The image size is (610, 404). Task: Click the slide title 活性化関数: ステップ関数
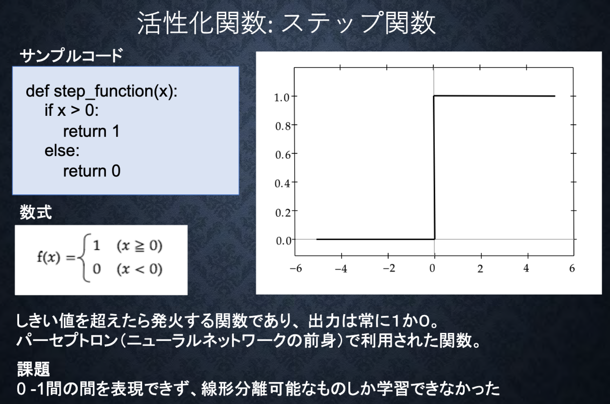tap(286, 23)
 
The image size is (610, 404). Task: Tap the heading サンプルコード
tap(71, 56)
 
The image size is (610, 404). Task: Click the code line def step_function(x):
tap(101, 91)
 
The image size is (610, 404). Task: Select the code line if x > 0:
tap(72, 110)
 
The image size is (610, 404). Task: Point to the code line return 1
tap(91, 131)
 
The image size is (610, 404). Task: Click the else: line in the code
tap(62, 151)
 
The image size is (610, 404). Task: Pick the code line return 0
tap(92, 171)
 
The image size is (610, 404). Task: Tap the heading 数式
tap(36, 212)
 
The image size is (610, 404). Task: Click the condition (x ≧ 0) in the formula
tap(139, 246)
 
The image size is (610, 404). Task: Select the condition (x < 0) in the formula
tap(139, 269)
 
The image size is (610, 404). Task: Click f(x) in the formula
tap(48, 257)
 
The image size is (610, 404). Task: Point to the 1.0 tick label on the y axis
tap(282, 98)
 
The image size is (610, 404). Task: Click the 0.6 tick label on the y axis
tap(283, 154)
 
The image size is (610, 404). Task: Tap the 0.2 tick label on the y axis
tap(283, 212)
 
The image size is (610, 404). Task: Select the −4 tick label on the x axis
tap(341, 269)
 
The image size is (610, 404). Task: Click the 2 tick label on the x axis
tap(480, 269)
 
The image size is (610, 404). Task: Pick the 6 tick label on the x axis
tap(572, 269)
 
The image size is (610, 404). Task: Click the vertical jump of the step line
tap(434, 168)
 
